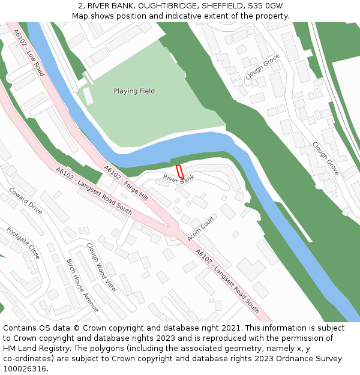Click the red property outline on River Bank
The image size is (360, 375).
[179, 171]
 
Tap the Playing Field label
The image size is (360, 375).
[134, 91]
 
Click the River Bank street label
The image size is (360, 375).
[179, 178]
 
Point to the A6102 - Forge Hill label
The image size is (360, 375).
[125, 183]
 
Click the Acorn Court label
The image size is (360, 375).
[200, 229]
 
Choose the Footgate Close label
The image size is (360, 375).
[23, 243]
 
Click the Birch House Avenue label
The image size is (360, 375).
[82, 285]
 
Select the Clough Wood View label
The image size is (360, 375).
[101, 266]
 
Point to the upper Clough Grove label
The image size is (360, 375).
[263, 67]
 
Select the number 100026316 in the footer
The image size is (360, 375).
[25, 369]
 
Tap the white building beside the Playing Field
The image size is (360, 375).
[88, 96]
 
